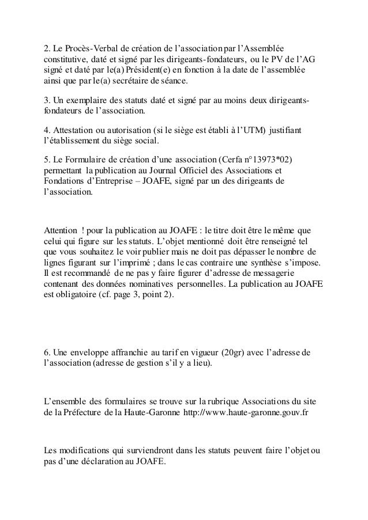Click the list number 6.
(47, 352)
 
